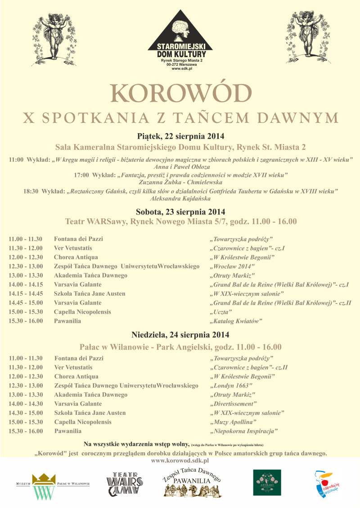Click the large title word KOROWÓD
180,93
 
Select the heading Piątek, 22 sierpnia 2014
180,136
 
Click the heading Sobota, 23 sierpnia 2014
180,211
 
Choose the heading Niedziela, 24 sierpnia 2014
180,335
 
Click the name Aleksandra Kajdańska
180,198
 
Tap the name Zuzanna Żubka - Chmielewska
180,183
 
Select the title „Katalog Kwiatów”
235,321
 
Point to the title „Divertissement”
234,404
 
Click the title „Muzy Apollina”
234,422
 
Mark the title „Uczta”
221,312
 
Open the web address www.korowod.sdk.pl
180,461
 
